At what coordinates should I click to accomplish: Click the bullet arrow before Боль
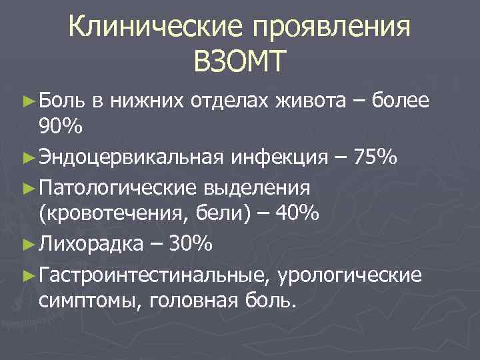[x=27, y=101]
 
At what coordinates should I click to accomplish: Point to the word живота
[x=308, y=101]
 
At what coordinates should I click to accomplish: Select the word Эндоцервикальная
[x=130, y=158]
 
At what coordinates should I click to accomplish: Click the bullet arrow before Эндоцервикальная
[x=27, y=158]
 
